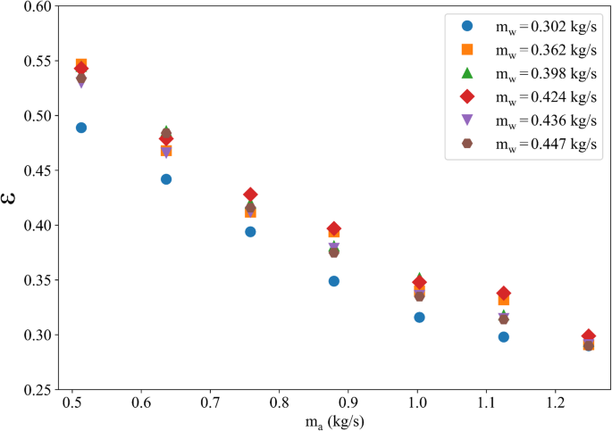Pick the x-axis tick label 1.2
[x=555, y=403]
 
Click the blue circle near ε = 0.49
[x=81, y=128]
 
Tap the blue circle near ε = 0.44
[x=166, y=179]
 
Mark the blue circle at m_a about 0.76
[x=251, y=232]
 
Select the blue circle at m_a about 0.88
[x=334, y=281]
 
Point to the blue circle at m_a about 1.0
[x=419, y=318]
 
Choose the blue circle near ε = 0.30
[x=504, y=337]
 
